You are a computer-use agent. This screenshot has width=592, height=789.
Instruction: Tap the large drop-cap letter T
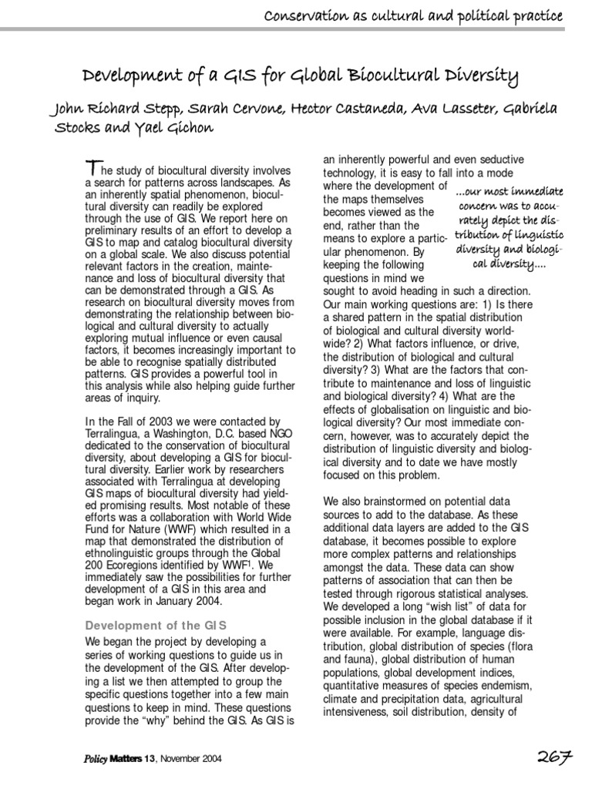click(x=92, y=167)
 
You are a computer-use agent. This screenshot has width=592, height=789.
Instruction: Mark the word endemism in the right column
click(x=506, y=687)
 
